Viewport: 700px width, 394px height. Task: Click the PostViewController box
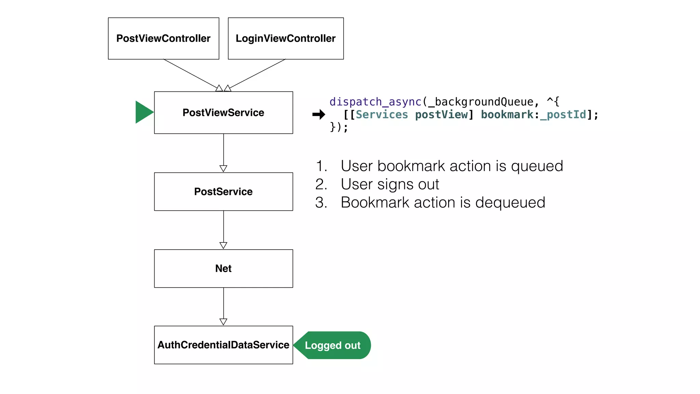coord(163,38)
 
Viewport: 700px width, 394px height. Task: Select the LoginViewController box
coord(285,38)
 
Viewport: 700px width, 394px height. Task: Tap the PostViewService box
coord(223,113)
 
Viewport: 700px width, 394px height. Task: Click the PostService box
coord(223,192)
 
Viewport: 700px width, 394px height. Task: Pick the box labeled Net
coord(223,268)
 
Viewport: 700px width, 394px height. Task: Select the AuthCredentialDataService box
coord(223,345)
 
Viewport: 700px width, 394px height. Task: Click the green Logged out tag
coord(333,345)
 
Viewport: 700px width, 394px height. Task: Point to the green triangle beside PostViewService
coord(143,112)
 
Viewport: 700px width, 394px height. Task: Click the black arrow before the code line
coord(319,114)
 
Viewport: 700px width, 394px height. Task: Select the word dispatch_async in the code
coord(375,102)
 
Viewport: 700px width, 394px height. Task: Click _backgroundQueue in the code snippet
coord(481,102)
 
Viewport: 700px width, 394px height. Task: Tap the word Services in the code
coord(382,115)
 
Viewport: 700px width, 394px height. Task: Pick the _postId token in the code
coord(563,115)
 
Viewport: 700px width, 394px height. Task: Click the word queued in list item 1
coord(537,166)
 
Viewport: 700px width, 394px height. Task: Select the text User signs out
coord(390,184)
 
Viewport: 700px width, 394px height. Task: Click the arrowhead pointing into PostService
coord(223,169)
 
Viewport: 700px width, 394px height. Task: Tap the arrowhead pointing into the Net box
coord(223,245)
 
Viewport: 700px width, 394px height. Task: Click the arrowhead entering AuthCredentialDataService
coord(223,322)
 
